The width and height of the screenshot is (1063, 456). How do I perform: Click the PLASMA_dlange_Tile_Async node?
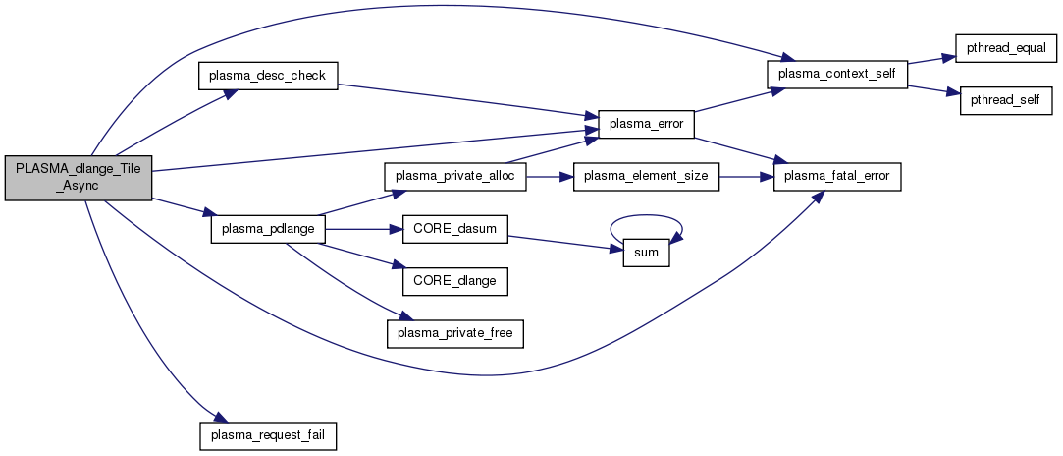click(79, 178)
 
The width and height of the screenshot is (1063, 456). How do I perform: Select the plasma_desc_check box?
click(268, 76)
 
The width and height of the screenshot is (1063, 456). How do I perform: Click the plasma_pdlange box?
click(268, 229)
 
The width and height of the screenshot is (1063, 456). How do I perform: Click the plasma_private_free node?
click(457, 333)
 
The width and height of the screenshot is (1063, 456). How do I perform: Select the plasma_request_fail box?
click(268, 433)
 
